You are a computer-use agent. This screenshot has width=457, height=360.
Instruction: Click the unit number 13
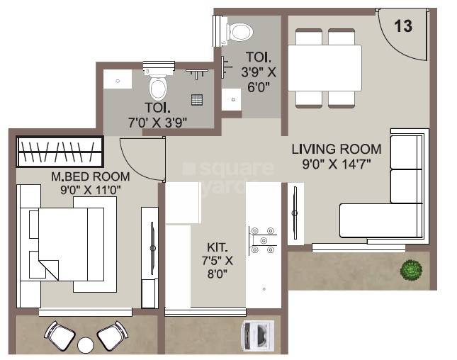[x=403, y=26]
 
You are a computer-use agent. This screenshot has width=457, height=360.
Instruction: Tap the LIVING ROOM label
[x=337, y=149]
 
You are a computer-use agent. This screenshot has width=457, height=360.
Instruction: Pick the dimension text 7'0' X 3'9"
[x=157, y=121]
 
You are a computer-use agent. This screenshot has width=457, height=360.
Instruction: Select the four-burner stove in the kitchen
[x=261, y=240]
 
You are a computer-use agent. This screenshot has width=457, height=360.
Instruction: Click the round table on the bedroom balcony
[x=86, y=345]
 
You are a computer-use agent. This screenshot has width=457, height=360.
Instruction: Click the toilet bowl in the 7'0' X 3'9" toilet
[x=158, y=86]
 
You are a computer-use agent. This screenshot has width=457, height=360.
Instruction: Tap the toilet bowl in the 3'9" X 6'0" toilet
[x=239, y=31]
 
